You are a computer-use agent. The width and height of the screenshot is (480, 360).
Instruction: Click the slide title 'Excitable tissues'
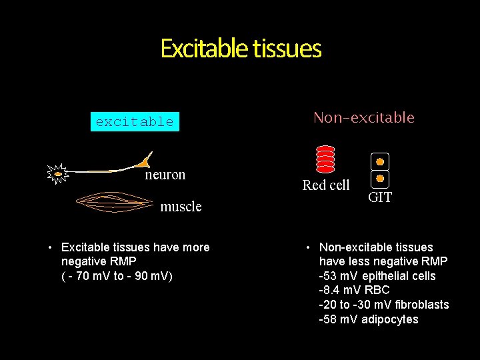(241, 49)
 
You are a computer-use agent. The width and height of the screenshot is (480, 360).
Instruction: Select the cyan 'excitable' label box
(135, 121)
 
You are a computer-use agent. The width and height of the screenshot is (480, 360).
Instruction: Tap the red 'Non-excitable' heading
(363, 118)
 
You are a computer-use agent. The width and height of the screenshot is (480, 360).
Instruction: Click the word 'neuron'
(165, 175)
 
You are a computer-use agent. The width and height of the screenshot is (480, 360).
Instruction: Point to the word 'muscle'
(181, 207)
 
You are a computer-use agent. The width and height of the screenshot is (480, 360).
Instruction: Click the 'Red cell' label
(325, 185)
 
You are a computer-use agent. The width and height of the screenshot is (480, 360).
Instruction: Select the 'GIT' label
(380, 197)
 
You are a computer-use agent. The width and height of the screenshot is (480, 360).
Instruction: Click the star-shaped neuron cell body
(59, 174)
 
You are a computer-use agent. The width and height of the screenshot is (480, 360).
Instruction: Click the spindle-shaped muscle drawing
(117, 201)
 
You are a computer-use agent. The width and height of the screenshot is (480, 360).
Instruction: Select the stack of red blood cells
(325, 159)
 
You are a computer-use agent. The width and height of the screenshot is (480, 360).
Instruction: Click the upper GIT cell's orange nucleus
(379, 161)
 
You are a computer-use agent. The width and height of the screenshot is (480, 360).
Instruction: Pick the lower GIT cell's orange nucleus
(379, 179)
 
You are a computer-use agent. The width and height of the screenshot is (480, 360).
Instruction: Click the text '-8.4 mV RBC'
(354, 290)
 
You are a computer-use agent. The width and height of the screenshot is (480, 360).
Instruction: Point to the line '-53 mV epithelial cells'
(377, 276)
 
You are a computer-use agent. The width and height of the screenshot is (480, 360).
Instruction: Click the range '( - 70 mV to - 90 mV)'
(117, 276)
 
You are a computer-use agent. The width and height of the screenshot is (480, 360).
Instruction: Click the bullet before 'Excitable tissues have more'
(50, 248)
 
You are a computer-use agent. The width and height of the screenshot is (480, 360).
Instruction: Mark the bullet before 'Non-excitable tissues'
(309, 248)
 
